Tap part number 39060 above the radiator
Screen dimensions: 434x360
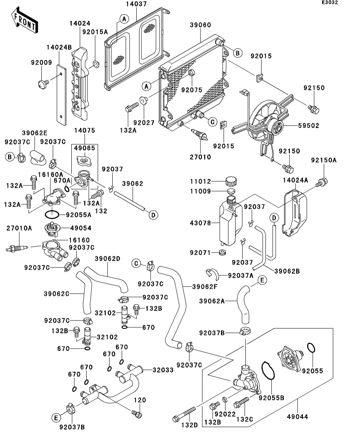201,25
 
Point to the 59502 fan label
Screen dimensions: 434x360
310,126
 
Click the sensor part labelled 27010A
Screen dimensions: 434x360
18,247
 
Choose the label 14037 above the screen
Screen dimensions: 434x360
136,5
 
